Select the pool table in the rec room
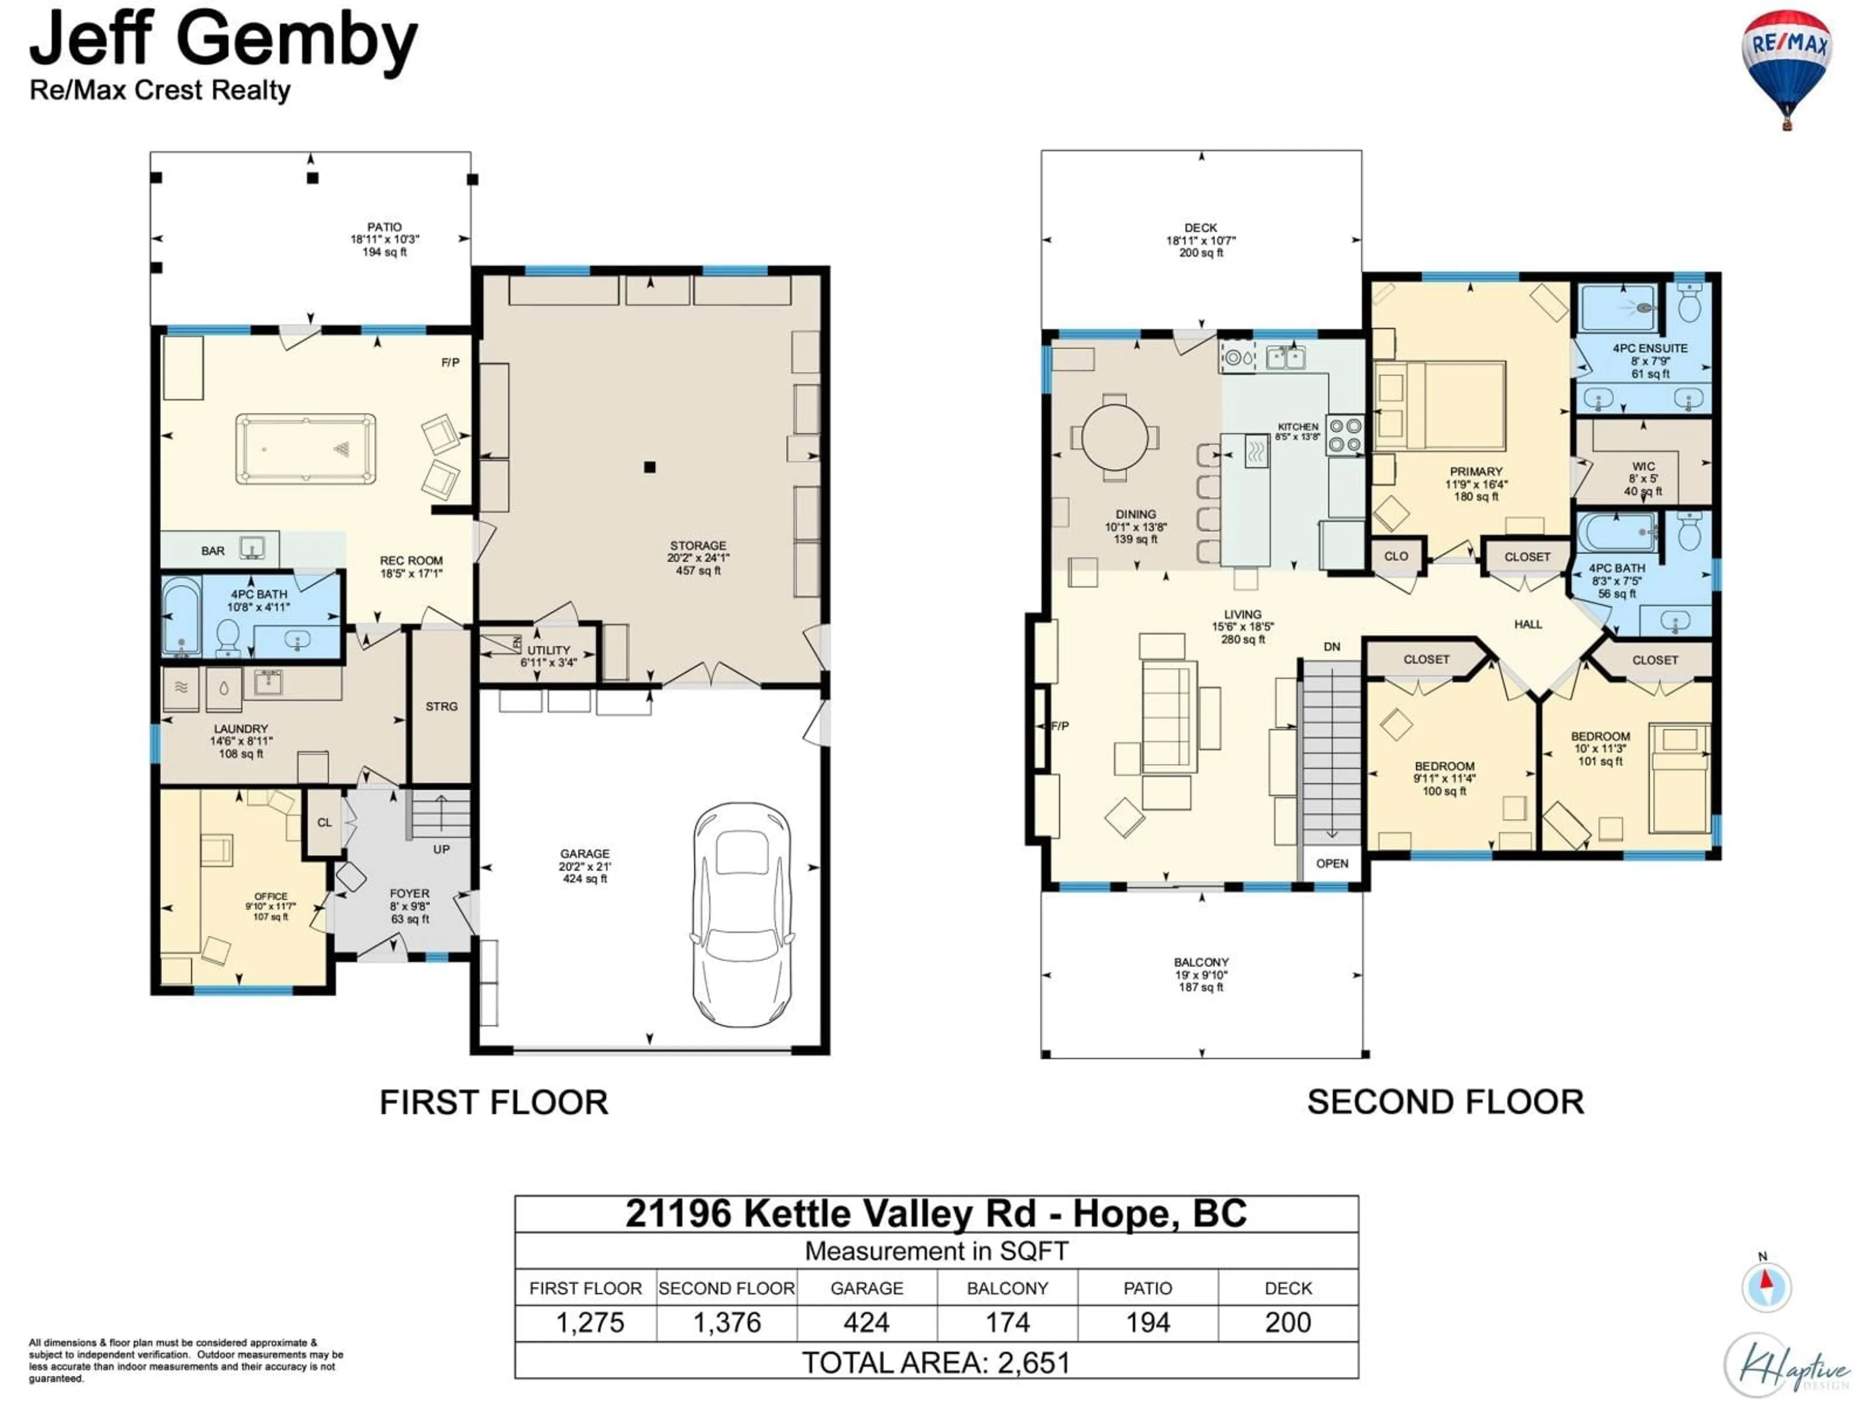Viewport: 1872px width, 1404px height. (x=306, y=448)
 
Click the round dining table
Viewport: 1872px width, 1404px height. (x=1115, y=437)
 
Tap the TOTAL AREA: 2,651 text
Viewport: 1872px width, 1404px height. (x=936, y=1363)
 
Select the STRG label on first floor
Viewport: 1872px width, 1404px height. (x=441, y=706)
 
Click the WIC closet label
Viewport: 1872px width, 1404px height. (x=1643, y=467)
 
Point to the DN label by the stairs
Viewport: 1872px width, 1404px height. (x=1332, y=646)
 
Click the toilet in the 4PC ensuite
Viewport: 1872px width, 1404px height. (x=1688, y=303)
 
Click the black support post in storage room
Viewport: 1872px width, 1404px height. (x=649, y=467)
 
